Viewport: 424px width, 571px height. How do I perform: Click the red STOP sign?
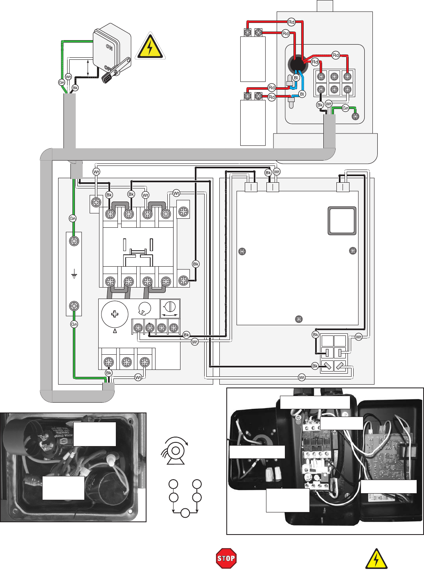(x=226, y=558)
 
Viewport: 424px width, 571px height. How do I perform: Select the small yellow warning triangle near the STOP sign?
(x=376, y=559)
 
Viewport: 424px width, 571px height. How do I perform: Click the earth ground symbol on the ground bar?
(x=74, y=275)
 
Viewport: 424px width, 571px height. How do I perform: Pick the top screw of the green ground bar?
(x=74, y=241)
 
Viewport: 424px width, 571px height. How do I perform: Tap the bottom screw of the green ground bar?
(x=74, y=306)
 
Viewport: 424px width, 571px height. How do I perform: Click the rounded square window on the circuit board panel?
(x=342, y=221)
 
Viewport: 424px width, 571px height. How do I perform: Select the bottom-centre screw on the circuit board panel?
(x=299, y=319)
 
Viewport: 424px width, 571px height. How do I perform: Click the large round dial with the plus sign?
(x=115, y=314)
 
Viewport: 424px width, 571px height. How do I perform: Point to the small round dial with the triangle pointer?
(x=144, y=309)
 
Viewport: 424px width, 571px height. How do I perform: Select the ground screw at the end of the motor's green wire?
(x=356, y=116)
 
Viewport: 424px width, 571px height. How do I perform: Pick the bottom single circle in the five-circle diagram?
(x=185, y=513)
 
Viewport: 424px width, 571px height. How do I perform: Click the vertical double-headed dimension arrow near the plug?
(x=88, y=68)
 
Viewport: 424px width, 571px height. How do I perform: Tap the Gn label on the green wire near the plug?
(x=61, y=82)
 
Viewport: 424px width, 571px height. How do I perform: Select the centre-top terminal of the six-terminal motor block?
(x=335, y=77)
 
